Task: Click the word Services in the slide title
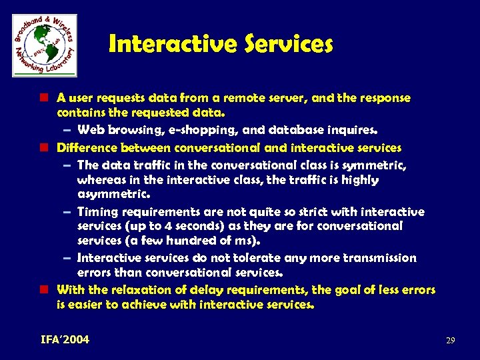click(x=288, y=44)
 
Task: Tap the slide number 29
click(x=450, y=341)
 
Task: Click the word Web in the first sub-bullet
click(x=90, y=129)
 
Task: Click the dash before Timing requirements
click(x=68, y=212)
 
